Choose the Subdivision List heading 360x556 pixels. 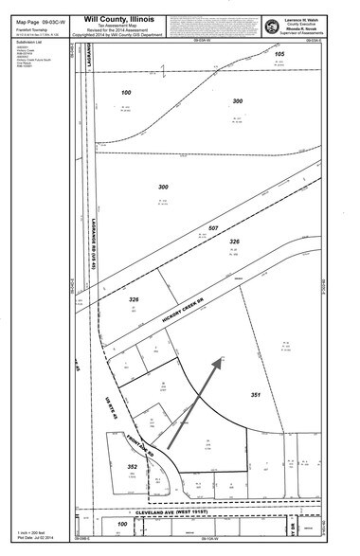tap(20, 43)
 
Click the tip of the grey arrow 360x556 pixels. tap(224, 358)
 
